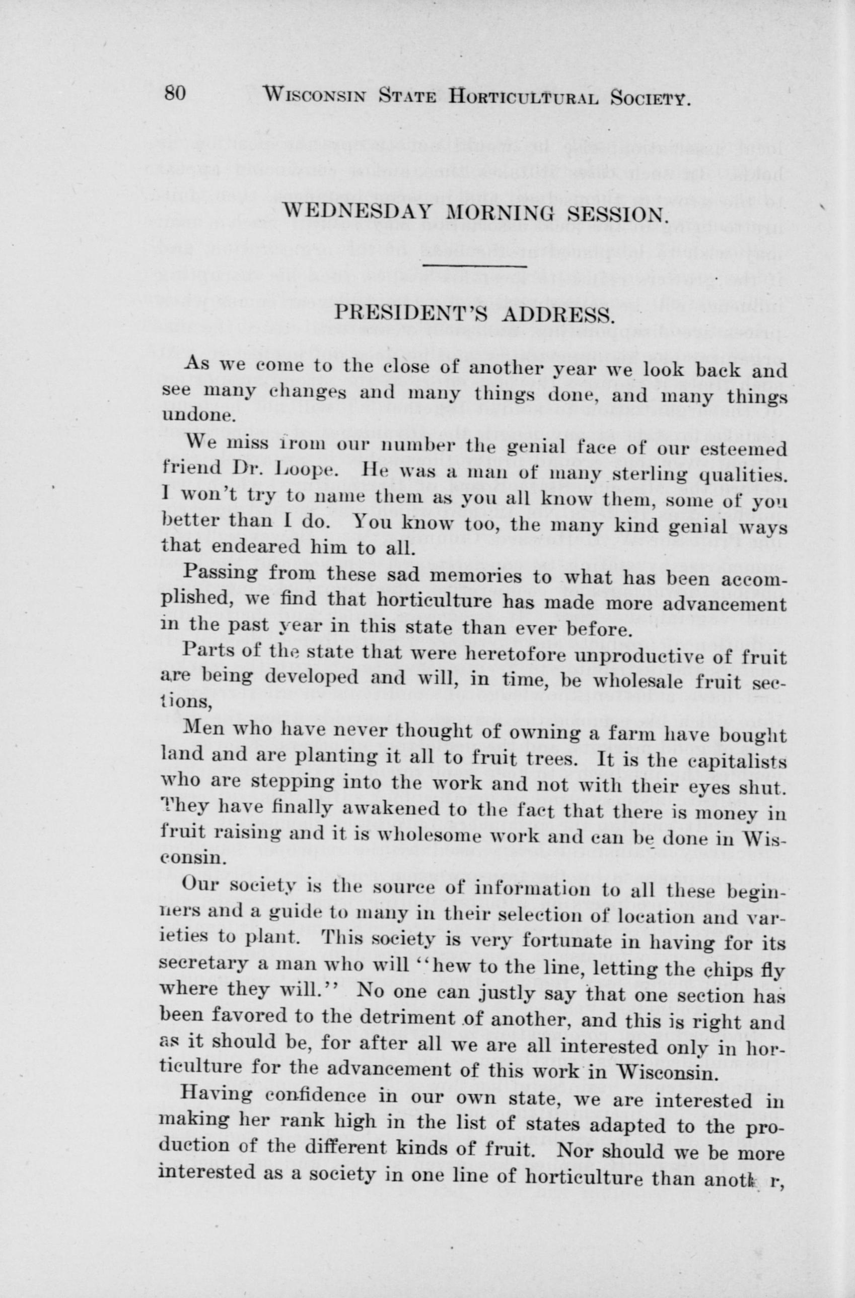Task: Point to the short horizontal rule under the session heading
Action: [x=474, y=266]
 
